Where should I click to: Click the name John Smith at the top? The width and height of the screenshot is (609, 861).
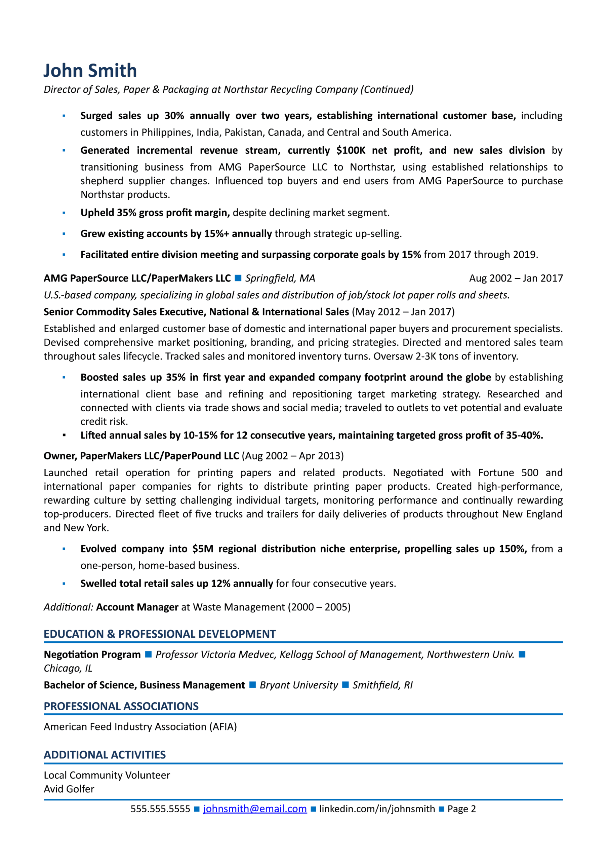click(90, 71)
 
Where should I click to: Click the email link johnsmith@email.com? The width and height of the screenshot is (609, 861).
click(255, 809)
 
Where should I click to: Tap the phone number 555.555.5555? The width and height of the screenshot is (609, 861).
click(160, 809)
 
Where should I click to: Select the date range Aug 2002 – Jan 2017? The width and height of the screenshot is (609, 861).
click(516, 278)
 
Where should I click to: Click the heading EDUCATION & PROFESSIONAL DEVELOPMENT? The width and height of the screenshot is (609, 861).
click(159, 634)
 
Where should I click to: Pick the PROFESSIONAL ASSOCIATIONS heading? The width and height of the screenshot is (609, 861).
click(121, 706)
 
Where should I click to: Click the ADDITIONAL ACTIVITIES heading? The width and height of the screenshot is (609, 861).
click(105, 754)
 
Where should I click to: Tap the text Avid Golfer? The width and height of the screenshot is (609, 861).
click(69, 789)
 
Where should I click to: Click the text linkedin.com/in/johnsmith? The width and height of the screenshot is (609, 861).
click(377, 809)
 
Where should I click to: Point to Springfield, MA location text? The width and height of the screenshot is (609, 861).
click(280, 278)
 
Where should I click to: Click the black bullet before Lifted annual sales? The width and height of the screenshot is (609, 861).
click(64, 435)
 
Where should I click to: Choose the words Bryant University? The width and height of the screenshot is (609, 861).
click(298, 685)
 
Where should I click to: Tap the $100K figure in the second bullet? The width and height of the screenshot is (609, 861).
click(351, 150)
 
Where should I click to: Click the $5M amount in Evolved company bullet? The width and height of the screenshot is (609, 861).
click(203, 549)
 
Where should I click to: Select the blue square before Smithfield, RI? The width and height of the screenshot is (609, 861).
click(346, 685)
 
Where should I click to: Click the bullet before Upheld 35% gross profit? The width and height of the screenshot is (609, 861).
click(64, 213)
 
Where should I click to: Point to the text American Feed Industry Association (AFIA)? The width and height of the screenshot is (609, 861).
click(140, 726)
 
